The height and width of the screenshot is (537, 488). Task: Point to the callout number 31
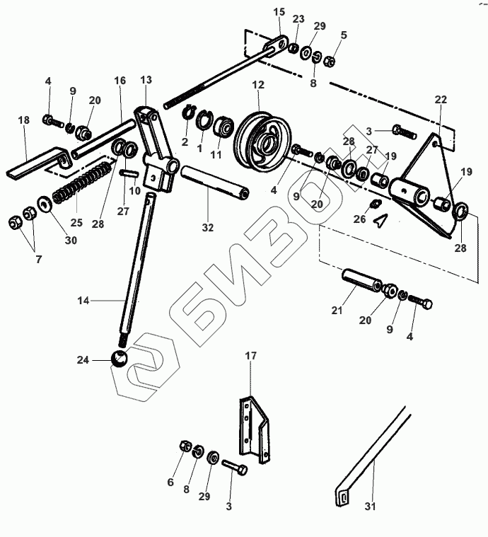(x=371, y=507)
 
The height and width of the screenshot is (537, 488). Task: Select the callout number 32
(x=207, y=229)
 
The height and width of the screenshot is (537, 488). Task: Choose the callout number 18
(x=24, y=120)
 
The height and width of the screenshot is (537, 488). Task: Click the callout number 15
(x=279, y=12)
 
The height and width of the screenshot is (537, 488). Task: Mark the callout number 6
(x=170, y=483)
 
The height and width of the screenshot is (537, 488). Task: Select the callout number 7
(x=39, y=260)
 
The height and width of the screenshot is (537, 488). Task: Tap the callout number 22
(x=441, y=99)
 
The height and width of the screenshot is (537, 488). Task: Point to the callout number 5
(x=343, y=34)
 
